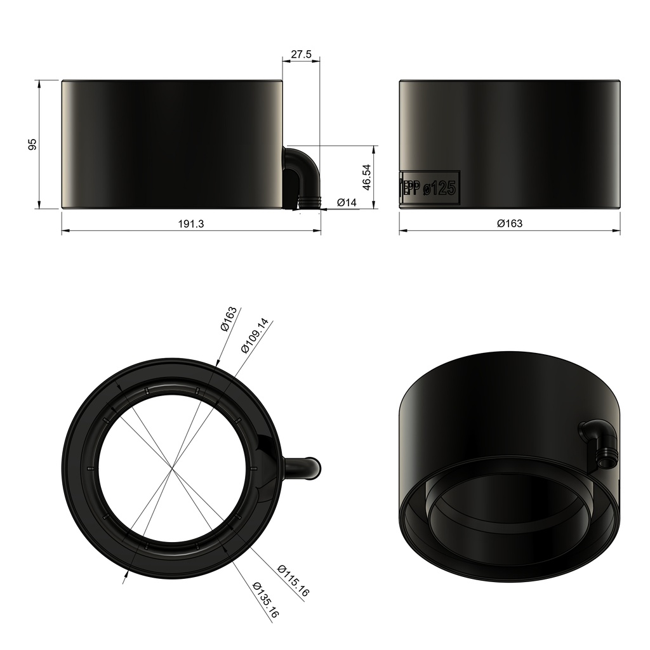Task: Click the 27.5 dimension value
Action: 301,55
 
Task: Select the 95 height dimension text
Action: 33,144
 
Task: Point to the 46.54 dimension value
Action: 366,177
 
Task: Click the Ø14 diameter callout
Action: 347,202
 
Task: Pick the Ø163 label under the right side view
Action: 509,223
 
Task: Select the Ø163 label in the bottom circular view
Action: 229,319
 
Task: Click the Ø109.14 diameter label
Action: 255,336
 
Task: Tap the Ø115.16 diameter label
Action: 293,580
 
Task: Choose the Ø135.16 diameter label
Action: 265,600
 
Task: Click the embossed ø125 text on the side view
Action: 441,188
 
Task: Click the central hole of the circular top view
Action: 171,468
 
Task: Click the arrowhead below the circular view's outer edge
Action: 125,574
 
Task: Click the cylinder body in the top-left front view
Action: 171,144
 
